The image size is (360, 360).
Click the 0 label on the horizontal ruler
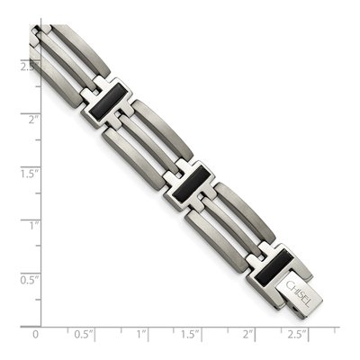[35, 335]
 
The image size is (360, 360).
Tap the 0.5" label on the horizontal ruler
[85, 334]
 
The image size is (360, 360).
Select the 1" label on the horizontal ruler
[141, 334]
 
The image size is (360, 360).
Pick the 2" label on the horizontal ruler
[247, 334]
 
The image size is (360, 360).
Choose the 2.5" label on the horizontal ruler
[298, 334]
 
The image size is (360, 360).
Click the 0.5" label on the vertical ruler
[30, 280]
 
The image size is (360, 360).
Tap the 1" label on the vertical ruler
[35, 226]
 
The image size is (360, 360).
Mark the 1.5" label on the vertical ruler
[30, 174]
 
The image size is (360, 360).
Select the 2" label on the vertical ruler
[33, 120]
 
